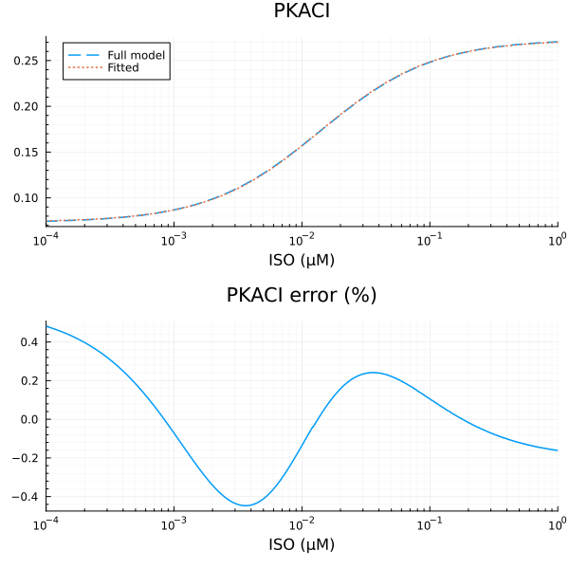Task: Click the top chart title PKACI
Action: (x=302, y=12)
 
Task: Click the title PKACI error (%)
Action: (x=302, y=296)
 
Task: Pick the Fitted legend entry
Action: (x=122, y=68)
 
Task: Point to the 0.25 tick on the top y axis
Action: (x=26, y=60)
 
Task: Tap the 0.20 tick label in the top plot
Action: (x=26, y=106)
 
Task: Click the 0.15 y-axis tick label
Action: (x=26, y=152)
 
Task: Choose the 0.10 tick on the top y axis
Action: (x=26, y=197)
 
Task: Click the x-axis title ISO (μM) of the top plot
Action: (x=302, y=260)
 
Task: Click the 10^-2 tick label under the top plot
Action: (x=302, y=240)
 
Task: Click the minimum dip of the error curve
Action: (x=246, y=505)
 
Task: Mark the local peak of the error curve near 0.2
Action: (x=374, y=372)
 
